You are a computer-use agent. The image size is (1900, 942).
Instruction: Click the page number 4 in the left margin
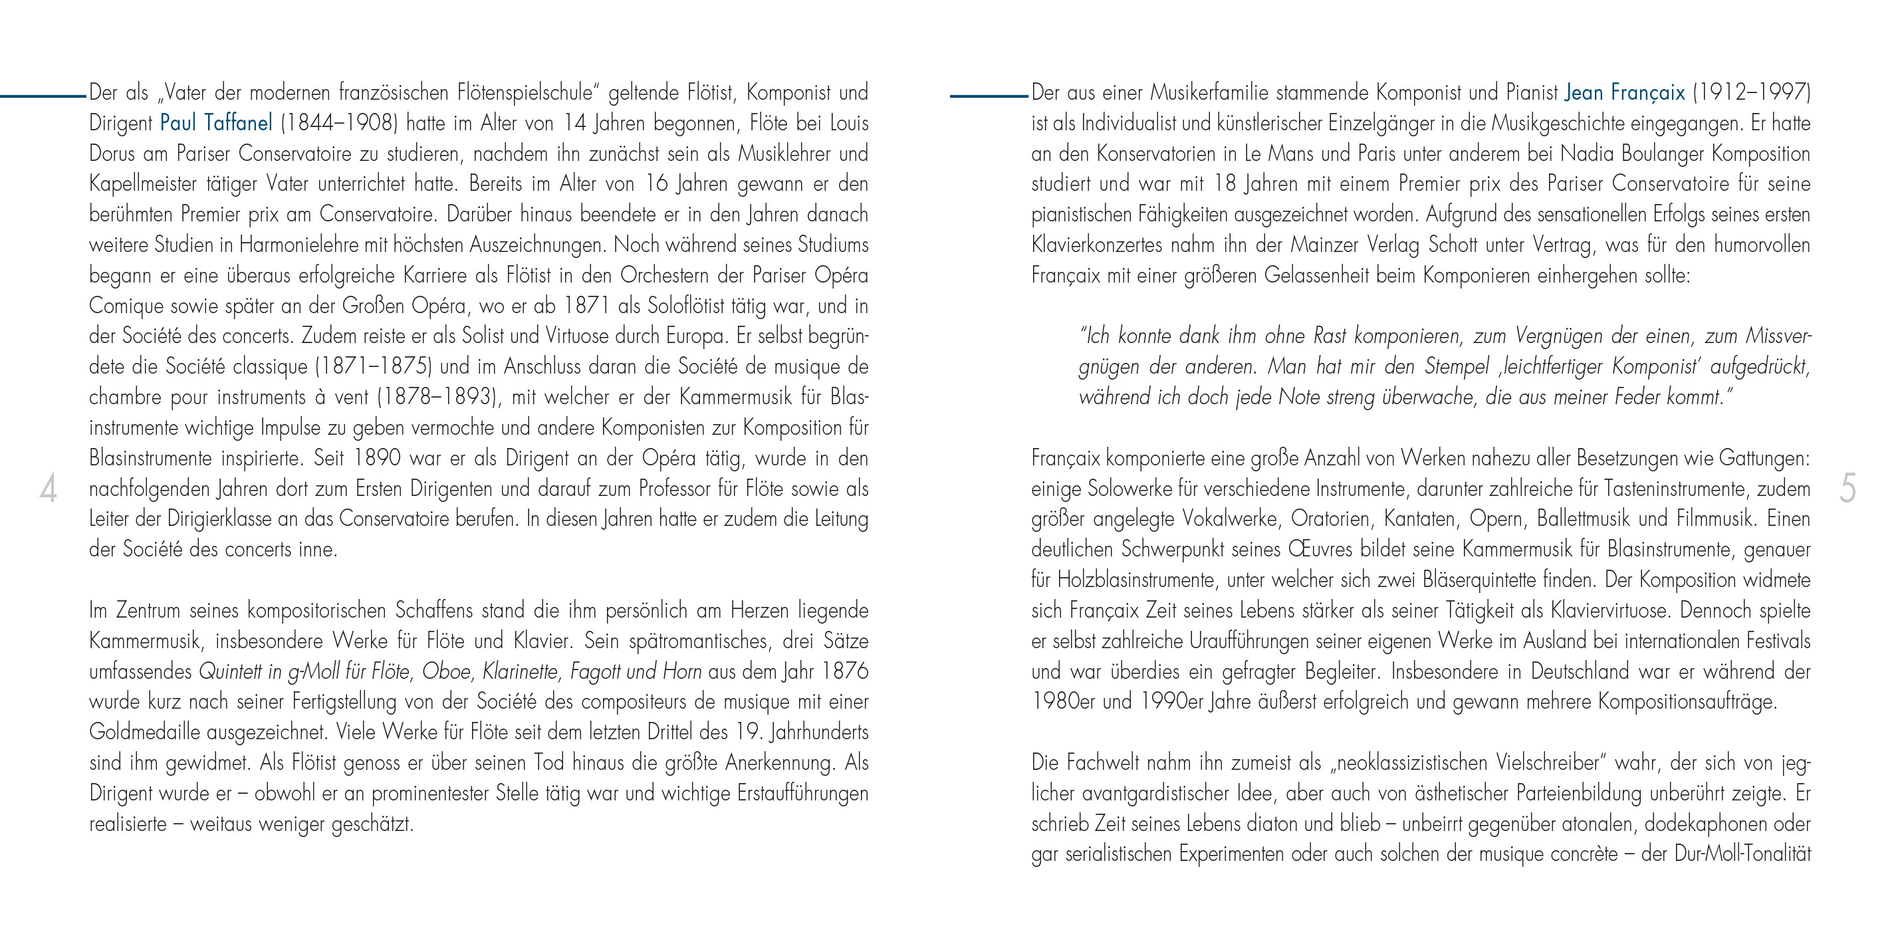pos(48,490)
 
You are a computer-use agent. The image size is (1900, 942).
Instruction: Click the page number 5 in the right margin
pos(1847,490)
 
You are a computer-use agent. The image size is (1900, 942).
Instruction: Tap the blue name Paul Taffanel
pos(216,123)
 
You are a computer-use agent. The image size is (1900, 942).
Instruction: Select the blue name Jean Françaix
pos(1624,93)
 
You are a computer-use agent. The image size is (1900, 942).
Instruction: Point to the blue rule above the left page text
pos(43,96)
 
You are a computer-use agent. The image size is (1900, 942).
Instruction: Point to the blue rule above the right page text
pos(989,96)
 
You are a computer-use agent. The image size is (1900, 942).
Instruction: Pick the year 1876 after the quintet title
pos(844,671)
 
